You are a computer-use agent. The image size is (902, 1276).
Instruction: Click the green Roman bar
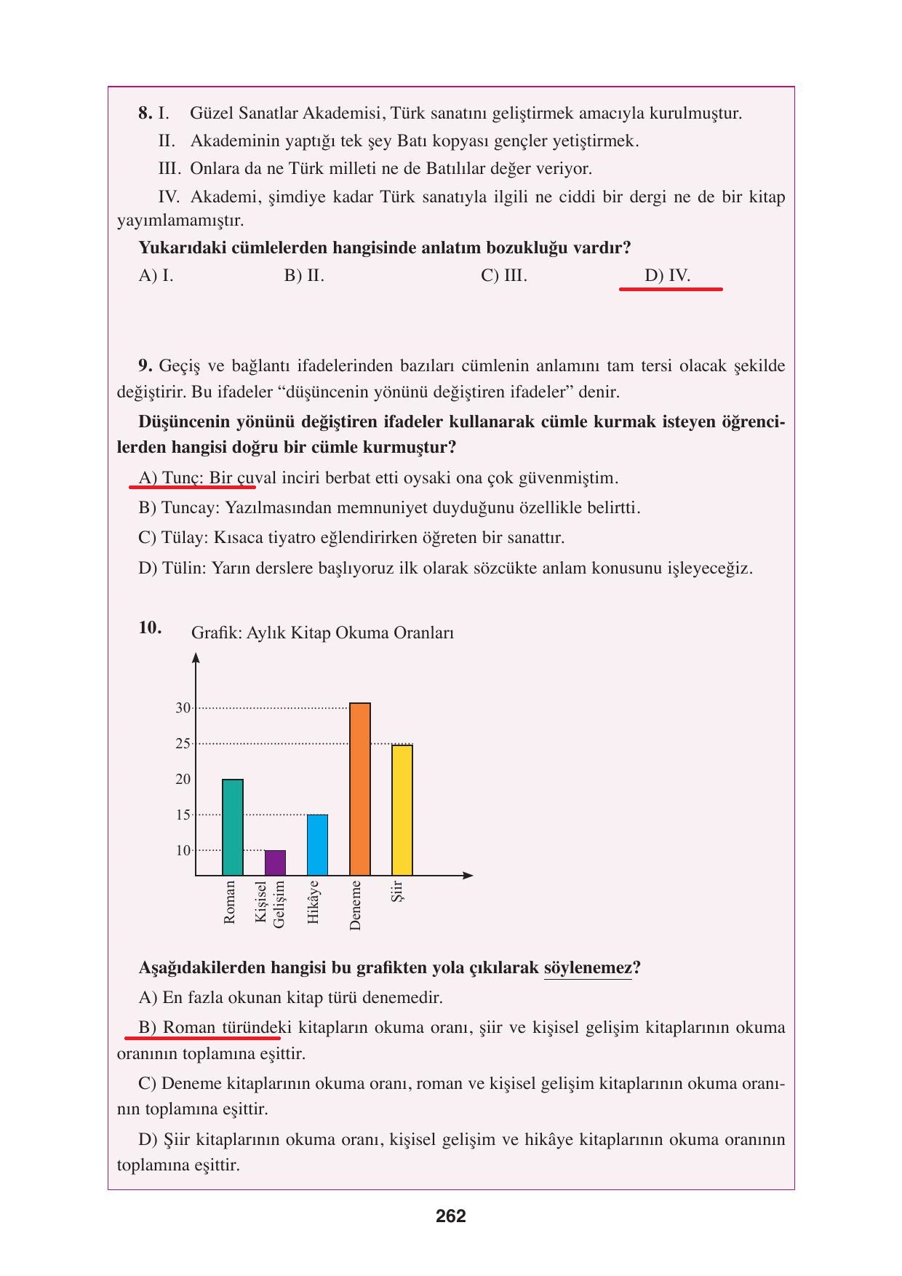pyautogui.click(x=232, y=827)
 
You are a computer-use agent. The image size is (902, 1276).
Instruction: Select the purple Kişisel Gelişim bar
pyautogui.click(x=275, y=863)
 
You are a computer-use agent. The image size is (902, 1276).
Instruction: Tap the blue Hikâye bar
pyautogui.click(x=317, y=844)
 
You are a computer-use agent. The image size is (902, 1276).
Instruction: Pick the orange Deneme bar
pyautogui.click(x=360, y=789)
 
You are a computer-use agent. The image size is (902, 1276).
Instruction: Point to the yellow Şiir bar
pyautogui.click(x=402, y=809)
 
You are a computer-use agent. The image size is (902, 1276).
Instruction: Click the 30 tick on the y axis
pyautogui.click(x=183, y=708)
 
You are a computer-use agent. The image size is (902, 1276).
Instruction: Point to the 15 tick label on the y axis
pyautogui.click(x=183, y=815)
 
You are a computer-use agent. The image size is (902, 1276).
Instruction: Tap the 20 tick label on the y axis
pyautogui.click(x=183, y=779)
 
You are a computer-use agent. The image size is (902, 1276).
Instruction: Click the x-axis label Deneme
pyautogui.click(x=355, y=905)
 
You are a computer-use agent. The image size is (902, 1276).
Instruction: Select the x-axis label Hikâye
pyautogui.click(x=314, y=902)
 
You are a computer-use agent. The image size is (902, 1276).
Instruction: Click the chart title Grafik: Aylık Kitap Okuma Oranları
pyautogui.click(x=322, y=633)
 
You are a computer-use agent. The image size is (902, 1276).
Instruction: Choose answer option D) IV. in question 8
pyautogui.click(x=667, y=276)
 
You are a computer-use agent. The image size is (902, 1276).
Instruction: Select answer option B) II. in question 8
pyautogui.click(x=304, y=276)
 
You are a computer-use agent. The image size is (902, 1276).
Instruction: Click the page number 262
pyautogui.click(x=451, y=1216)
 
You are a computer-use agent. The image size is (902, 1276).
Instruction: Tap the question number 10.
pyautogui.click(x=150, y=627)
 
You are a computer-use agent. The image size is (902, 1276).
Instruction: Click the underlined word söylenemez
pyautogui.click(x=588, y=968)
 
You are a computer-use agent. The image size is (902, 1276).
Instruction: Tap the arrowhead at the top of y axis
pyautogui.click(x=196, y=657)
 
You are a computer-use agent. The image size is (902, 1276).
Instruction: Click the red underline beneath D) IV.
pyautogui.click(x=670, y=289)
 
